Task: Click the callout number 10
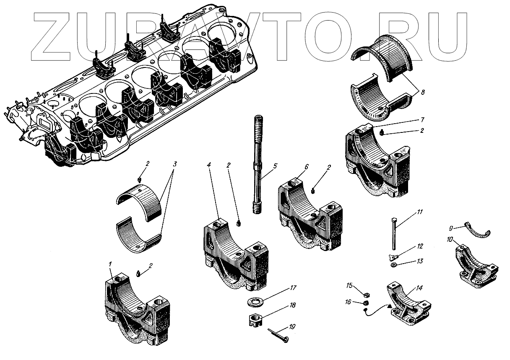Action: pos(449,239)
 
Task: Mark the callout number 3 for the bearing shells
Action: pos(175,164)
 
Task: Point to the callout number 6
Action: pos(306,166)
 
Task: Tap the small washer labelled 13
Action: pos(394,265)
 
